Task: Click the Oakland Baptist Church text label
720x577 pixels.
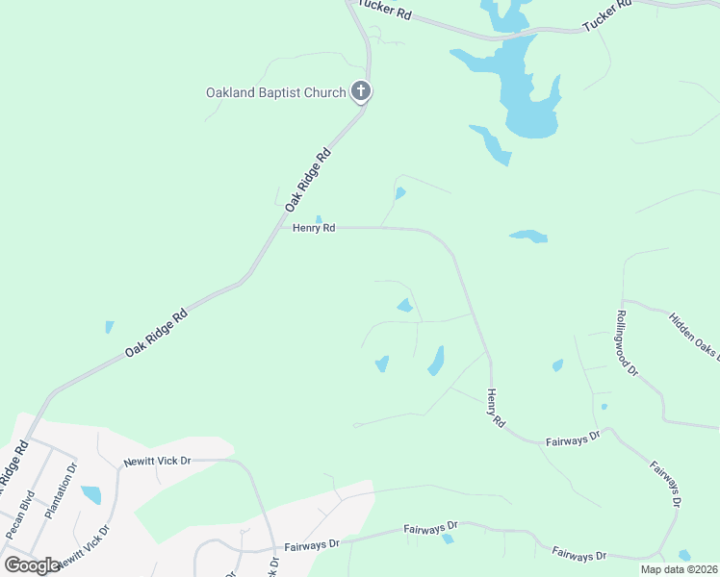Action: click(275, 93)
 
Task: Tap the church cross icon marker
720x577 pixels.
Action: click(361, 92)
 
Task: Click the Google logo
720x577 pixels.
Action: click(32, 564)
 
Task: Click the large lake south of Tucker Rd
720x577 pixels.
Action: click(525, 91)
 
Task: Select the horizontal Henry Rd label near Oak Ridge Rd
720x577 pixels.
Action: click(314, 228)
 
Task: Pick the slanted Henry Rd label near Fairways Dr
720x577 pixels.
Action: click(495, 408)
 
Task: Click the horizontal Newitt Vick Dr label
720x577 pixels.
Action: click(157, 462)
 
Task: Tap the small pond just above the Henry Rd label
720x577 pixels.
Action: click(319, 218)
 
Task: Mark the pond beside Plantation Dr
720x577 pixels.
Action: click(91, 495)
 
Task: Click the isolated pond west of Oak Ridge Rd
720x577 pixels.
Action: click(109, 327)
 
